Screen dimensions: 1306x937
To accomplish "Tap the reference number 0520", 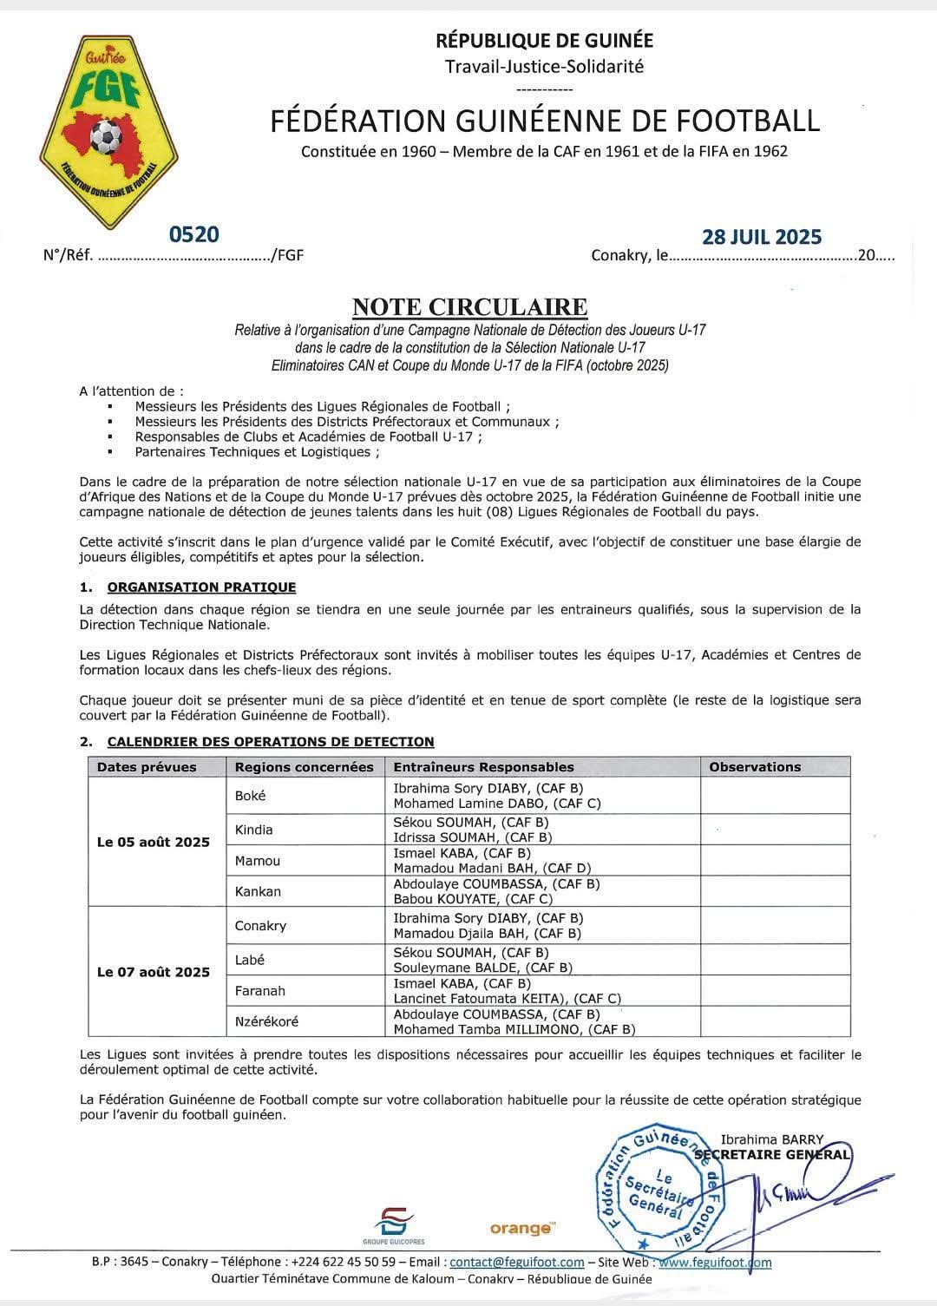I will click(194, 234).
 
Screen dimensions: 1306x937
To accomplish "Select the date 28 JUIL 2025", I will click(761, 237).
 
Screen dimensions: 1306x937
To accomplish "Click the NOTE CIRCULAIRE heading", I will click(469, 307).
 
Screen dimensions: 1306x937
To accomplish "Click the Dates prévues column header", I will click(147, 767).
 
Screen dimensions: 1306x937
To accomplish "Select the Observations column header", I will click(755, 767).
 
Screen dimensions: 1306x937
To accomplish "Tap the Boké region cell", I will click(251, 796).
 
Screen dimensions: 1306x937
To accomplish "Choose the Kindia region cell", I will click(254, 830).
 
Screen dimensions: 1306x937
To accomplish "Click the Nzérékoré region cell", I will click(266, 1021).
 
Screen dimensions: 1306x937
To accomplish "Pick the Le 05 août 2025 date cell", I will click(154, 842).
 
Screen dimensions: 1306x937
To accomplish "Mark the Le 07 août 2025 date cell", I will click(154, 972).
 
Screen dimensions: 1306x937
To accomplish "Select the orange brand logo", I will click(521, 1228).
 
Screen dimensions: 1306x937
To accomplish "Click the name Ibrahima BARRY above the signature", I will click(771, 1139).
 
